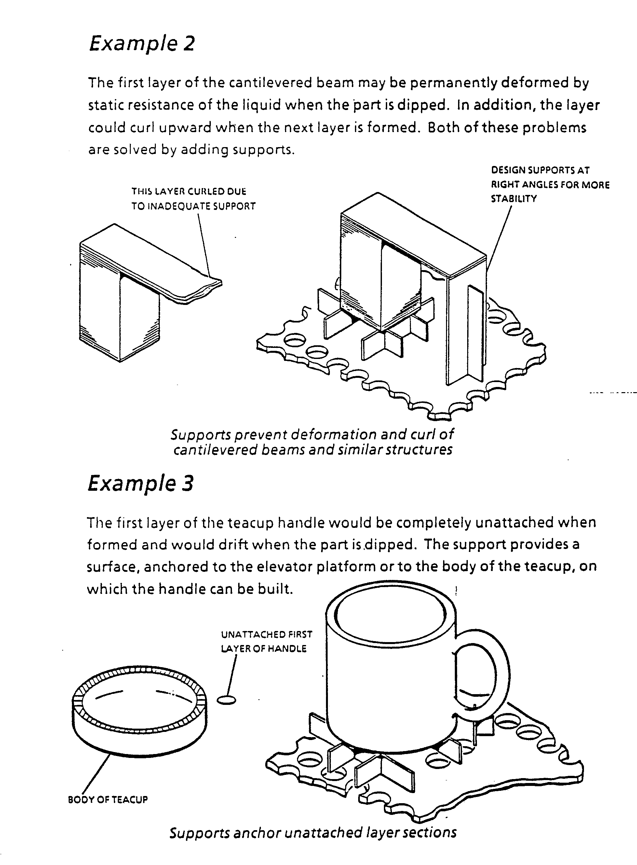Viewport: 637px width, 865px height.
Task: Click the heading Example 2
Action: pos(142,43)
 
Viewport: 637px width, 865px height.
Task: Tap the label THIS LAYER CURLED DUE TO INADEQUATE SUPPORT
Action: pos(193,199)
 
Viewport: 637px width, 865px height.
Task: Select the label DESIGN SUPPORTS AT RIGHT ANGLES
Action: pos(550,184)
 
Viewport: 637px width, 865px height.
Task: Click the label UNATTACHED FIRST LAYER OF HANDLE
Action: pos(266,641)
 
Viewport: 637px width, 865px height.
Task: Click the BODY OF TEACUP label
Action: pos(108,800)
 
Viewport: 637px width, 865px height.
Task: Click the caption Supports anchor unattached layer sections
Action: pos(313,832)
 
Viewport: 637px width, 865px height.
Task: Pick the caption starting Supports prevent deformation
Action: pos(312,442)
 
